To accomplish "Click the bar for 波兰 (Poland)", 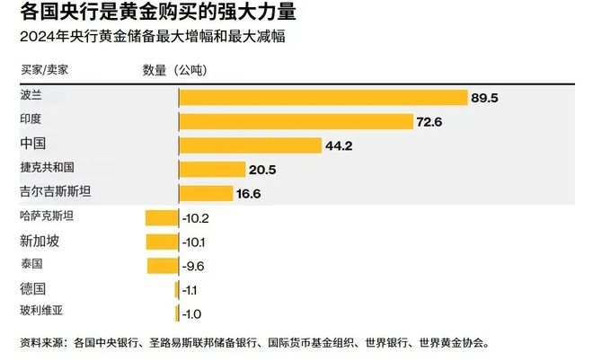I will point(323,98).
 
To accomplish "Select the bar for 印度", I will point(296,121).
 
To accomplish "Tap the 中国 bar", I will point(250,145).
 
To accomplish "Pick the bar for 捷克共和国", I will point(212,169).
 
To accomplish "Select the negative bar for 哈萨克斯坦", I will point(162,216).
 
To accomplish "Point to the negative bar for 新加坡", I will point(162,241).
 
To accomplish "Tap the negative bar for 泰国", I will point(163,265).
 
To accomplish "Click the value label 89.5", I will point(489,98).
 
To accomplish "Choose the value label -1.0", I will point(192,313).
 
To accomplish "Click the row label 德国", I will point(32,288).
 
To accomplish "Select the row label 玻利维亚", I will point(42,312).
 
